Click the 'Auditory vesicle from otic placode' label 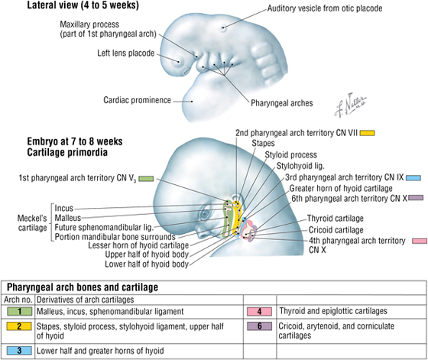325,8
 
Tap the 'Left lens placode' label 126,53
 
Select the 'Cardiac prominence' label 137,100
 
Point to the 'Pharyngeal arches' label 282,103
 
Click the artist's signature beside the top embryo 351,105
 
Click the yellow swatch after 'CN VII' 367,133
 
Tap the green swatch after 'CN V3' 146,179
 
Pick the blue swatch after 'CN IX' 413,178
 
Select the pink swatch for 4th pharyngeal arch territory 420,241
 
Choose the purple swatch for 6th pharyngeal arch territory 416,198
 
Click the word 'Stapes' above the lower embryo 263,143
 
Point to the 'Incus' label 64,208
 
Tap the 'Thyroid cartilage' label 336,219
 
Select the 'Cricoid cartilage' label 336,230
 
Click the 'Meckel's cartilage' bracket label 32,223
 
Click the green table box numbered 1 19,311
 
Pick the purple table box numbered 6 260,326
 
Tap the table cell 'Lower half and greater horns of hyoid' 100,351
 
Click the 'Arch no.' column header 18,300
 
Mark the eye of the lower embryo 205,214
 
